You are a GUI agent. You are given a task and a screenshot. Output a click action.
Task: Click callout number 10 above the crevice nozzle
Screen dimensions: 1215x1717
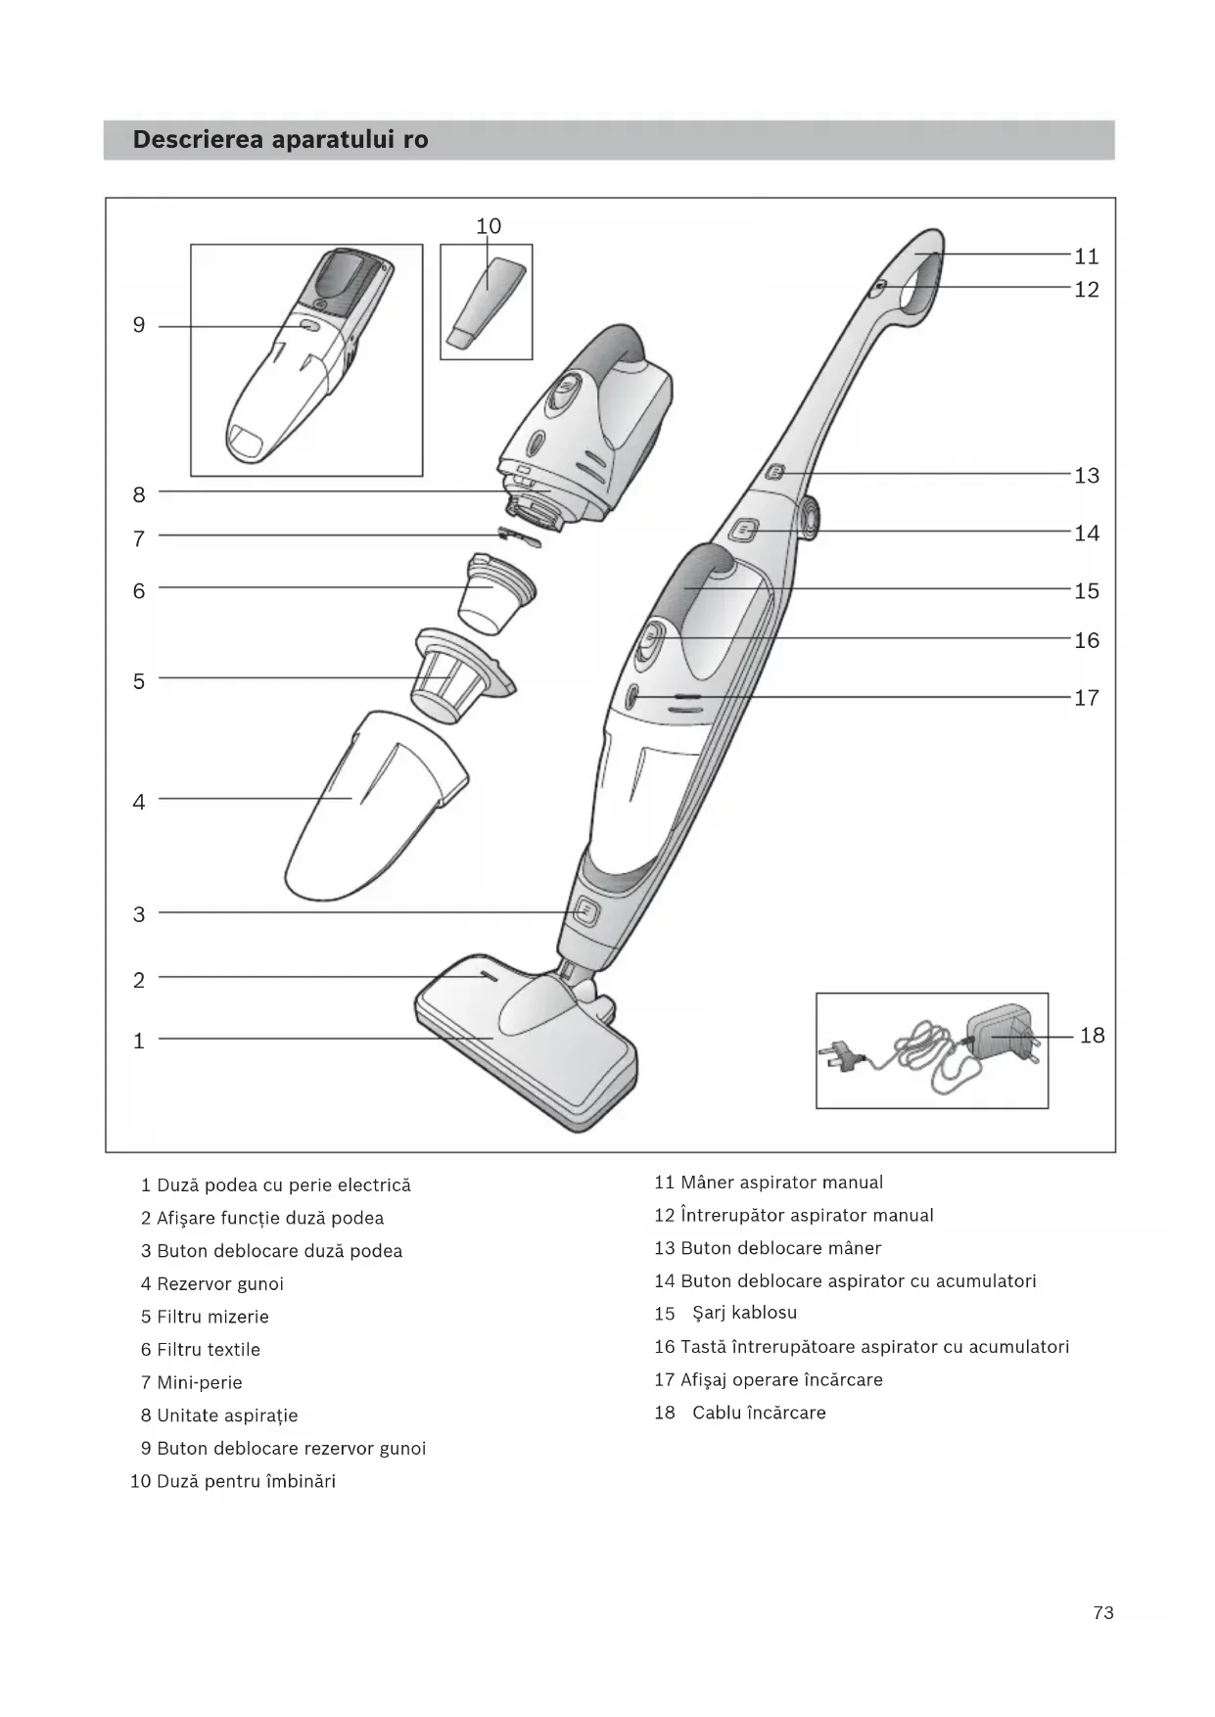[489, 226]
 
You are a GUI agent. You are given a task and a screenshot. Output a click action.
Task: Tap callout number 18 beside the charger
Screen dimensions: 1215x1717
[1092, 1035]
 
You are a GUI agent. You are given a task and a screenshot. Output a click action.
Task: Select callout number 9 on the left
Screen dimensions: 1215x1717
[139, 325]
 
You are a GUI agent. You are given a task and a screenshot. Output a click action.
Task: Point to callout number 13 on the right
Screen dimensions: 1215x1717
[1087, 476]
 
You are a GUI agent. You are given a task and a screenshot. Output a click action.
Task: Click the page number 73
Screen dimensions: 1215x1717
[1103, 1612]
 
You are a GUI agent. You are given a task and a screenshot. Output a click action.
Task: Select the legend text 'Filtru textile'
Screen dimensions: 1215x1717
[209, 1350]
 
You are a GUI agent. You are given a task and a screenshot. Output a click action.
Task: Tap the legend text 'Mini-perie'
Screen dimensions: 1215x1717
[200, 1382]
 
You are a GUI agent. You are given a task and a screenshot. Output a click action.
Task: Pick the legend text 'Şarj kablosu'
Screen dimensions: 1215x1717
[744, 1313]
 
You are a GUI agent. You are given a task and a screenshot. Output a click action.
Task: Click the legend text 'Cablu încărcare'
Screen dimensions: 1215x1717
[759, 1413]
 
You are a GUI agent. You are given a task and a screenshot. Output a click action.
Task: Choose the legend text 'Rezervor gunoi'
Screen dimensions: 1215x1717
[220, 1283]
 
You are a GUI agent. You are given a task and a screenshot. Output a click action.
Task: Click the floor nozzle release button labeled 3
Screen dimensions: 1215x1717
[585, 912]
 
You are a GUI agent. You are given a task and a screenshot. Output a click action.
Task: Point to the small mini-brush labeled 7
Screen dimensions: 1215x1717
[518, 535]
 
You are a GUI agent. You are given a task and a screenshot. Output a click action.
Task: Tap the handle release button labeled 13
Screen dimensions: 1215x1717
[775, 473]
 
